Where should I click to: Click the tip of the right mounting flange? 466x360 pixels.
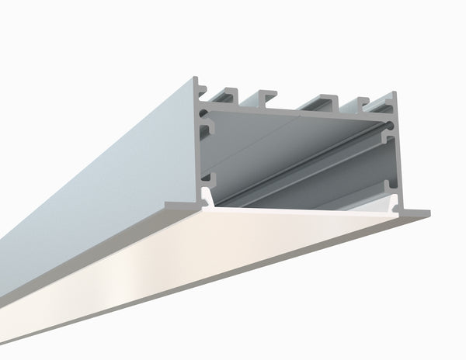pyautogui.click(x=426, y=211)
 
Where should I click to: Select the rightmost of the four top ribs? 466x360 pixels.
pyautogui.click(x=363, y=103)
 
